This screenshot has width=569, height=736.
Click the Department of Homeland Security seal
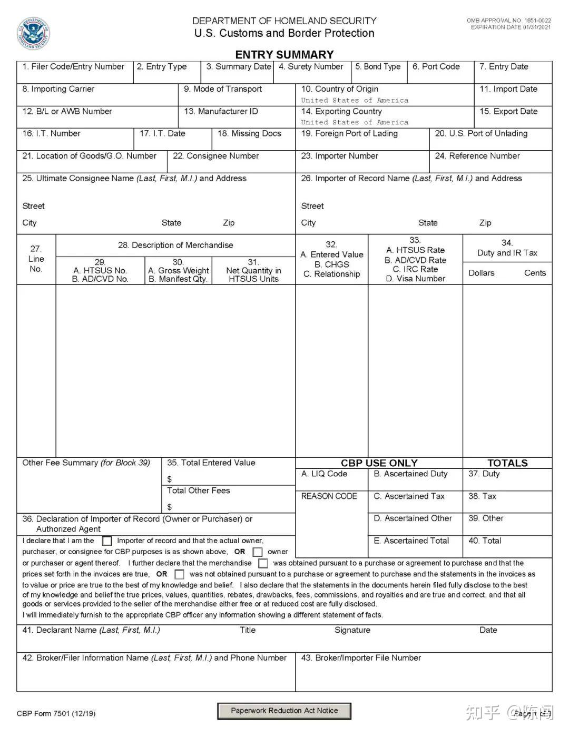(x=34, y=34)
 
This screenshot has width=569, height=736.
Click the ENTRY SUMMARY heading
(x=284, y=55)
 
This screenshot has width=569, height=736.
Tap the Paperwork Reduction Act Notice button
(x=284, y=711)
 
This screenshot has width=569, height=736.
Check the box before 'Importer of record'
(x=107, y=541)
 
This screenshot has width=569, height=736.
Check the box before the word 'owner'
(x=258, y=552)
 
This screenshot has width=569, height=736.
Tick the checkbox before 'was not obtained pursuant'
(x=180, y=574)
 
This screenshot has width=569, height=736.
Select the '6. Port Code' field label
(x=436, y=67)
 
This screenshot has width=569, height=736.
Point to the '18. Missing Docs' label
(x=249, y=134)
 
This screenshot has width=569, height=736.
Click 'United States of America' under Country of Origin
(x=355, y=100)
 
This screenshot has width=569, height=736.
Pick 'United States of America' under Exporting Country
(x=355, y=122)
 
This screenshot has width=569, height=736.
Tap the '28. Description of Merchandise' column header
(x=175, y=246)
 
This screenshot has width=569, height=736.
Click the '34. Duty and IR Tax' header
(x=507, y=248)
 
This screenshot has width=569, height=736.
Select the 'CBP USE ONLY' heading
(x=379, y=463)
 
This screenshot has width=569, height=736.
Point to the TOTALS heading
(x=507, y=463)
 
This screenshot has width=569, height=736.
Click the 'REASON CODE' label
(x=329, y=496)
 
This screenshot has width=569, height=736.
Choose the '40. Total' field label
(x=485, y=541)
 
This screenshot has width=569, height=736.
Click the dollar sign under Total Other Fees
(x=170, y=507)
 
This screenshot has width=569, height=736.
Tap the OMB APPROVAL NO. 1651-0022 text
(x=508, y=21)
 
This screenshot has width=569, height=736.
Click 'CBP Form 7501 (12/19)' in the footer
(x=56, y=714)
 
